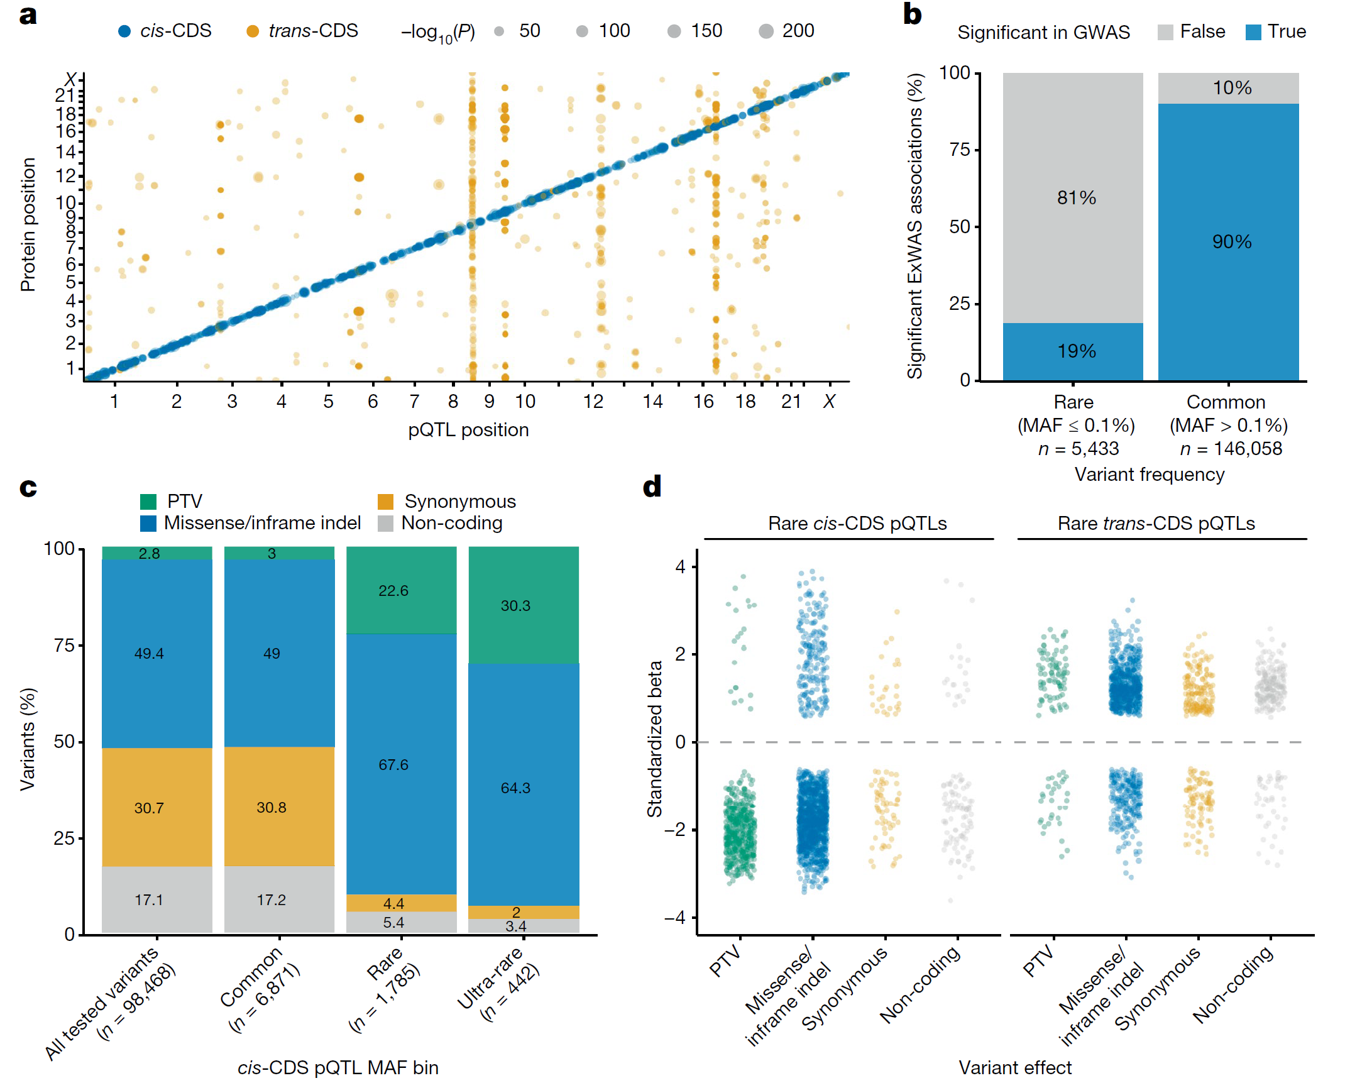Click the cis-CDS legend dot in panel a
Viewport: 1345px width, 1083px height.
(124, 31)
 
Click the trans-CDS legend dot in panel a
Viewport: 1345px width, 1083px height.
(253, 31)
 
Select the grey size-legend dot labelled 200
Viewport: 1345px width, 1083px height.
(766, 31)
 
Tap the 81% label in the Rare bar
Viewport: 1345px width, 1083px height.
(1076, 198)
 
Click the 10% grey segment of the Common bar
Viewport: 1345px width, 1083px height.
(1229, 88)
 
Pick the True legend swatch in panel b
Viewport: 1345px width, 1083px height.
(1253, 32)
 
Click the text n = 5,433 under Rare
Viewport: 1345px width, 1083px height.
(1079, 449)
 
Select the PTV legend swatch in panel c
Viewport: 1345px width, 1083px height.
(148, 501)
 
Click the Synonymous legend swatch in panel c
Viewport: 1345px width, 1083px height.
(385, 502)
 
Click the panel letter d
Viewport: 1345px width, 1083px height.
(652, 487)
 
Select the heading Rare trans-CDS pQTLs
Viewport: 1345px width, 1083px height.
(1156, 524)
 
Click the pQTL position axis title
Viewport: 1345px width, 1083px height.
(468, 430)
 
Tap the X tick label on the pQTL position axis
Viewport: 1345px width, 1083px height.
(829, 402)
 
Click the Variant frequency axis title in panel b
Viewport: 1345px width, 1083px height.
(1149, 475)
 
